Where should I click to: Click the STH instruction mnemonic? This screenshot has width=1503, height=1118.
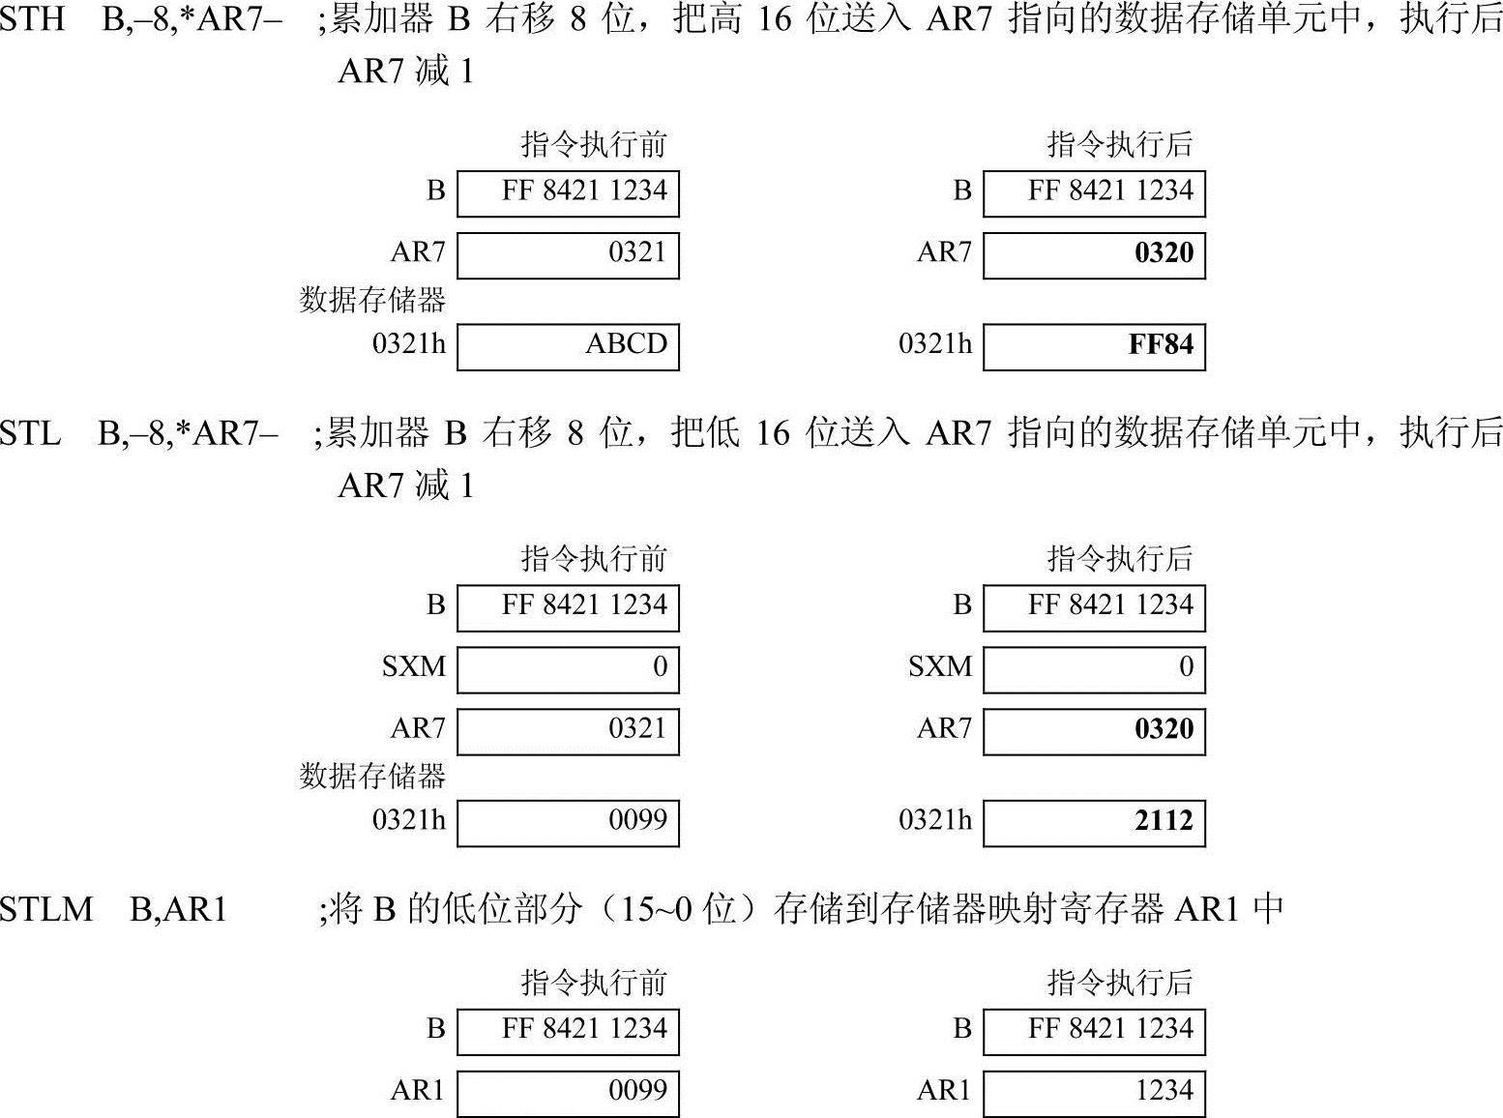32,19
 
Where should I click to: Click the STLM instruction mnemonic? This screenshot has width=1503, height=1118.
45,909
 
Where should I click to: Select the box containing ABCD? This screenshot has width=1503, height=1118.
568,346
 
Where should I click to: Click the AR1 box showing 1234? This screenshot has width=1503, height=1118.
1094,1093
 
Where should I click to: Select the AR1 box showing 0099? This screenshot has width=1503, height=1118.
568,1093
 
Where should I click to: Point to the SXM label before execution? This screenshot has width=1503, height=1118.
414,667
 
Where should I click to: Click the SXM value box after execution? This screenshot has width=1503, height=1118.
1094,669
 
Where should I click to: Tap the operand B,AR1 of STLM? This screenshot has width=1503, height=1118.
178,909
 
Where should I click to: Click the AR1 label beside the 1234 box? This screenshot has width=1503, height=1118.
943,1091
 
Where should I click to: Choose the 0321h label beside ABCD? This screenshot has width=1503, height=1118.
409,344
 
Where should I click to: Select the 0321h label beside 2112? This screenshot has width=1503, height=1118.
935,820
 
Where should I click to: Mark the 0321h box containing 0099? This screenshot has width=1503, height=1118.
568,822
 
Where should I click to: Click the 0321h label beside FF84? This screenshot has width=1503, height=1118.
935,344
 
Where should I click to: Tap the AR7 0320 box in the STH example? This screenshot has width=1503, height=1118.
1094,254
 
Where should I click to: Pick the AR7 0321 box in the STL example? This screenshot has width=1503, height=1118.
568,730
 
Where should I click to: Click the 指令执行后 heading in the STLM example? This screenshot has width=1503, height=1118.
1120,983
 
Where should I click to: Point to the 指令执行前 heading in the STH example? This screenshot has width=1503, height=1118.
594,145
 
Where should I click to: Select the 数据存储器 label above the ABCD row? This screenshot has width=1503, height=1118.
372,300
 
